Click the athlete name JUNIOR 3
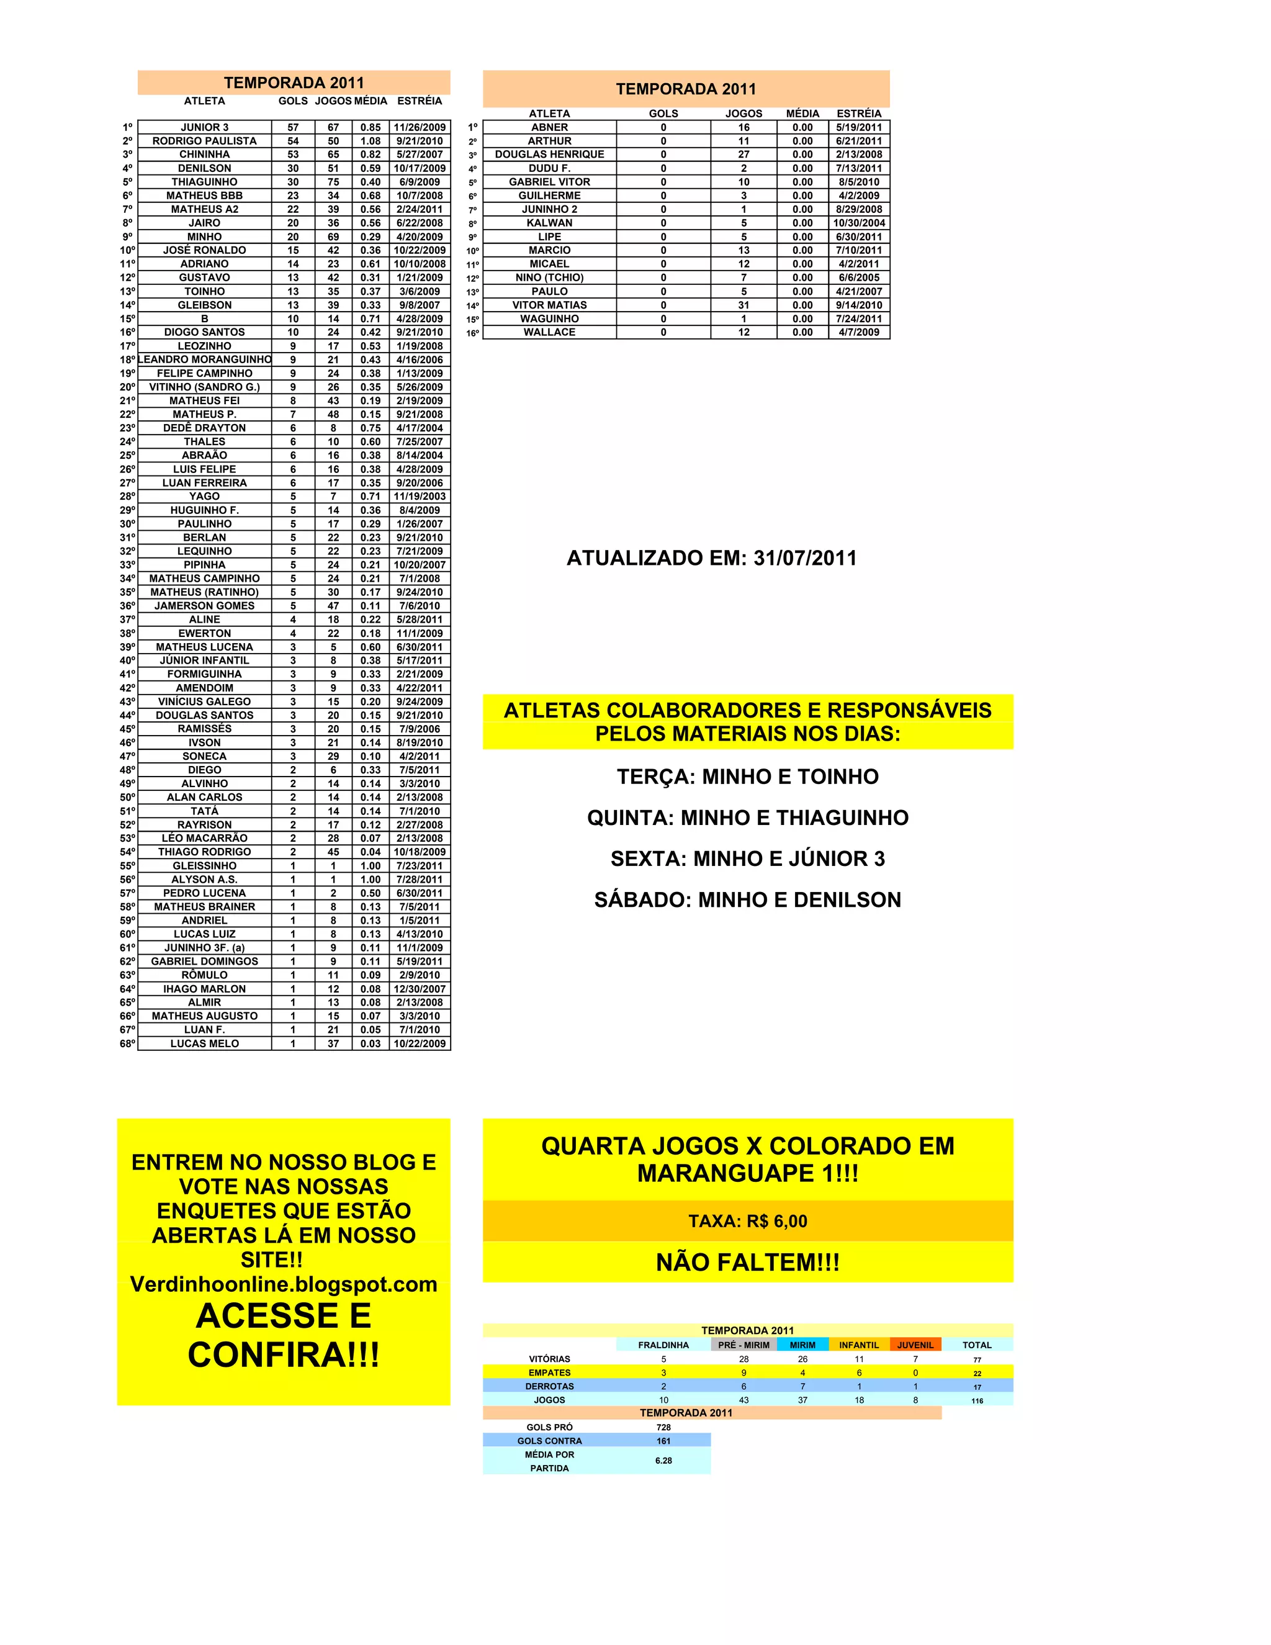click(204, 127)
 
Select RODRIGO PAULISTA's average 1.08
click(371, 141)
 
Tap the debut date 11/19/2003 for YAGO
click(420, 497)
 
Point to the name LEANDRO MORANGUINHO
click(205, 359)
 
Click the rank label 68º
click(127, 1044)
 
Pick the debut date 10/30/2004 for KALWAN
click(858, 223)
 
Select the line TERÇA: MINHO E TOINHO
click(748, 777)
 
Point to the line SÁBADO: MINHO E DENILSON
click(748, 899)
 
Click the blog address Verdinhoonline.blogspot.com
click(284, 1284)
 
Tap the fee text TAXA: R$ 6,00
click(748, 1221)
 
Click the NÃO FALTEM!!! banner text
click(748, 1263)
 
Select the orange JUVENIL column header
click(915, 1345)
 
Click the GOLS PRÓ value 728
click(663, 1427)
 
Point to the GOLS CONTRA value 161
click(663, 1441)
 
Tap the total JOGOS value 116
click(977, 1401)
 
